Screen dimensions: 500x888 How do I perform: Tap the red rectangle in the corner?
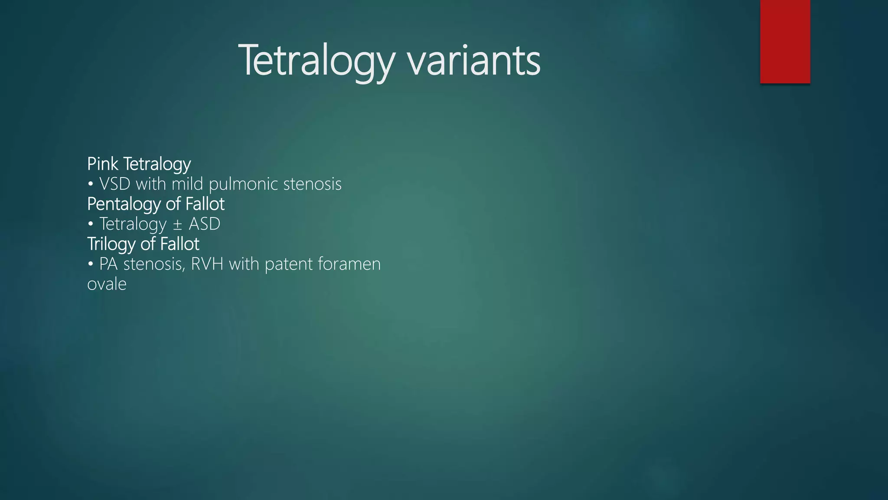[785, 41]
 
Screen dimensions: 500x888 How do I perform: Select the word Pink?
[103, 164]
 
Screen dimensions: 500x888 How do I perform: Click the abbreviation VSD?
[115, 184]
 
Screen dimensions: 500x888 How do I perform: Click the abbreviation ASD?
[205, 224]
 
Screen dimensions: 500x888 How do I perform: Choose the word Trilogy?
[111, 244]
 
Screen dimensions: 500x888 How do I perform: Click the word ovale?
[107, 284]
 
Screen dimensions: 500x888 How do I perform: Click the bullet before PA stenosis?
[91, 264]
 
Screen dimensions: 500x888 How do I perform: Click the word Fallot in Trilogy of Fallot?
[180, 244]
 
